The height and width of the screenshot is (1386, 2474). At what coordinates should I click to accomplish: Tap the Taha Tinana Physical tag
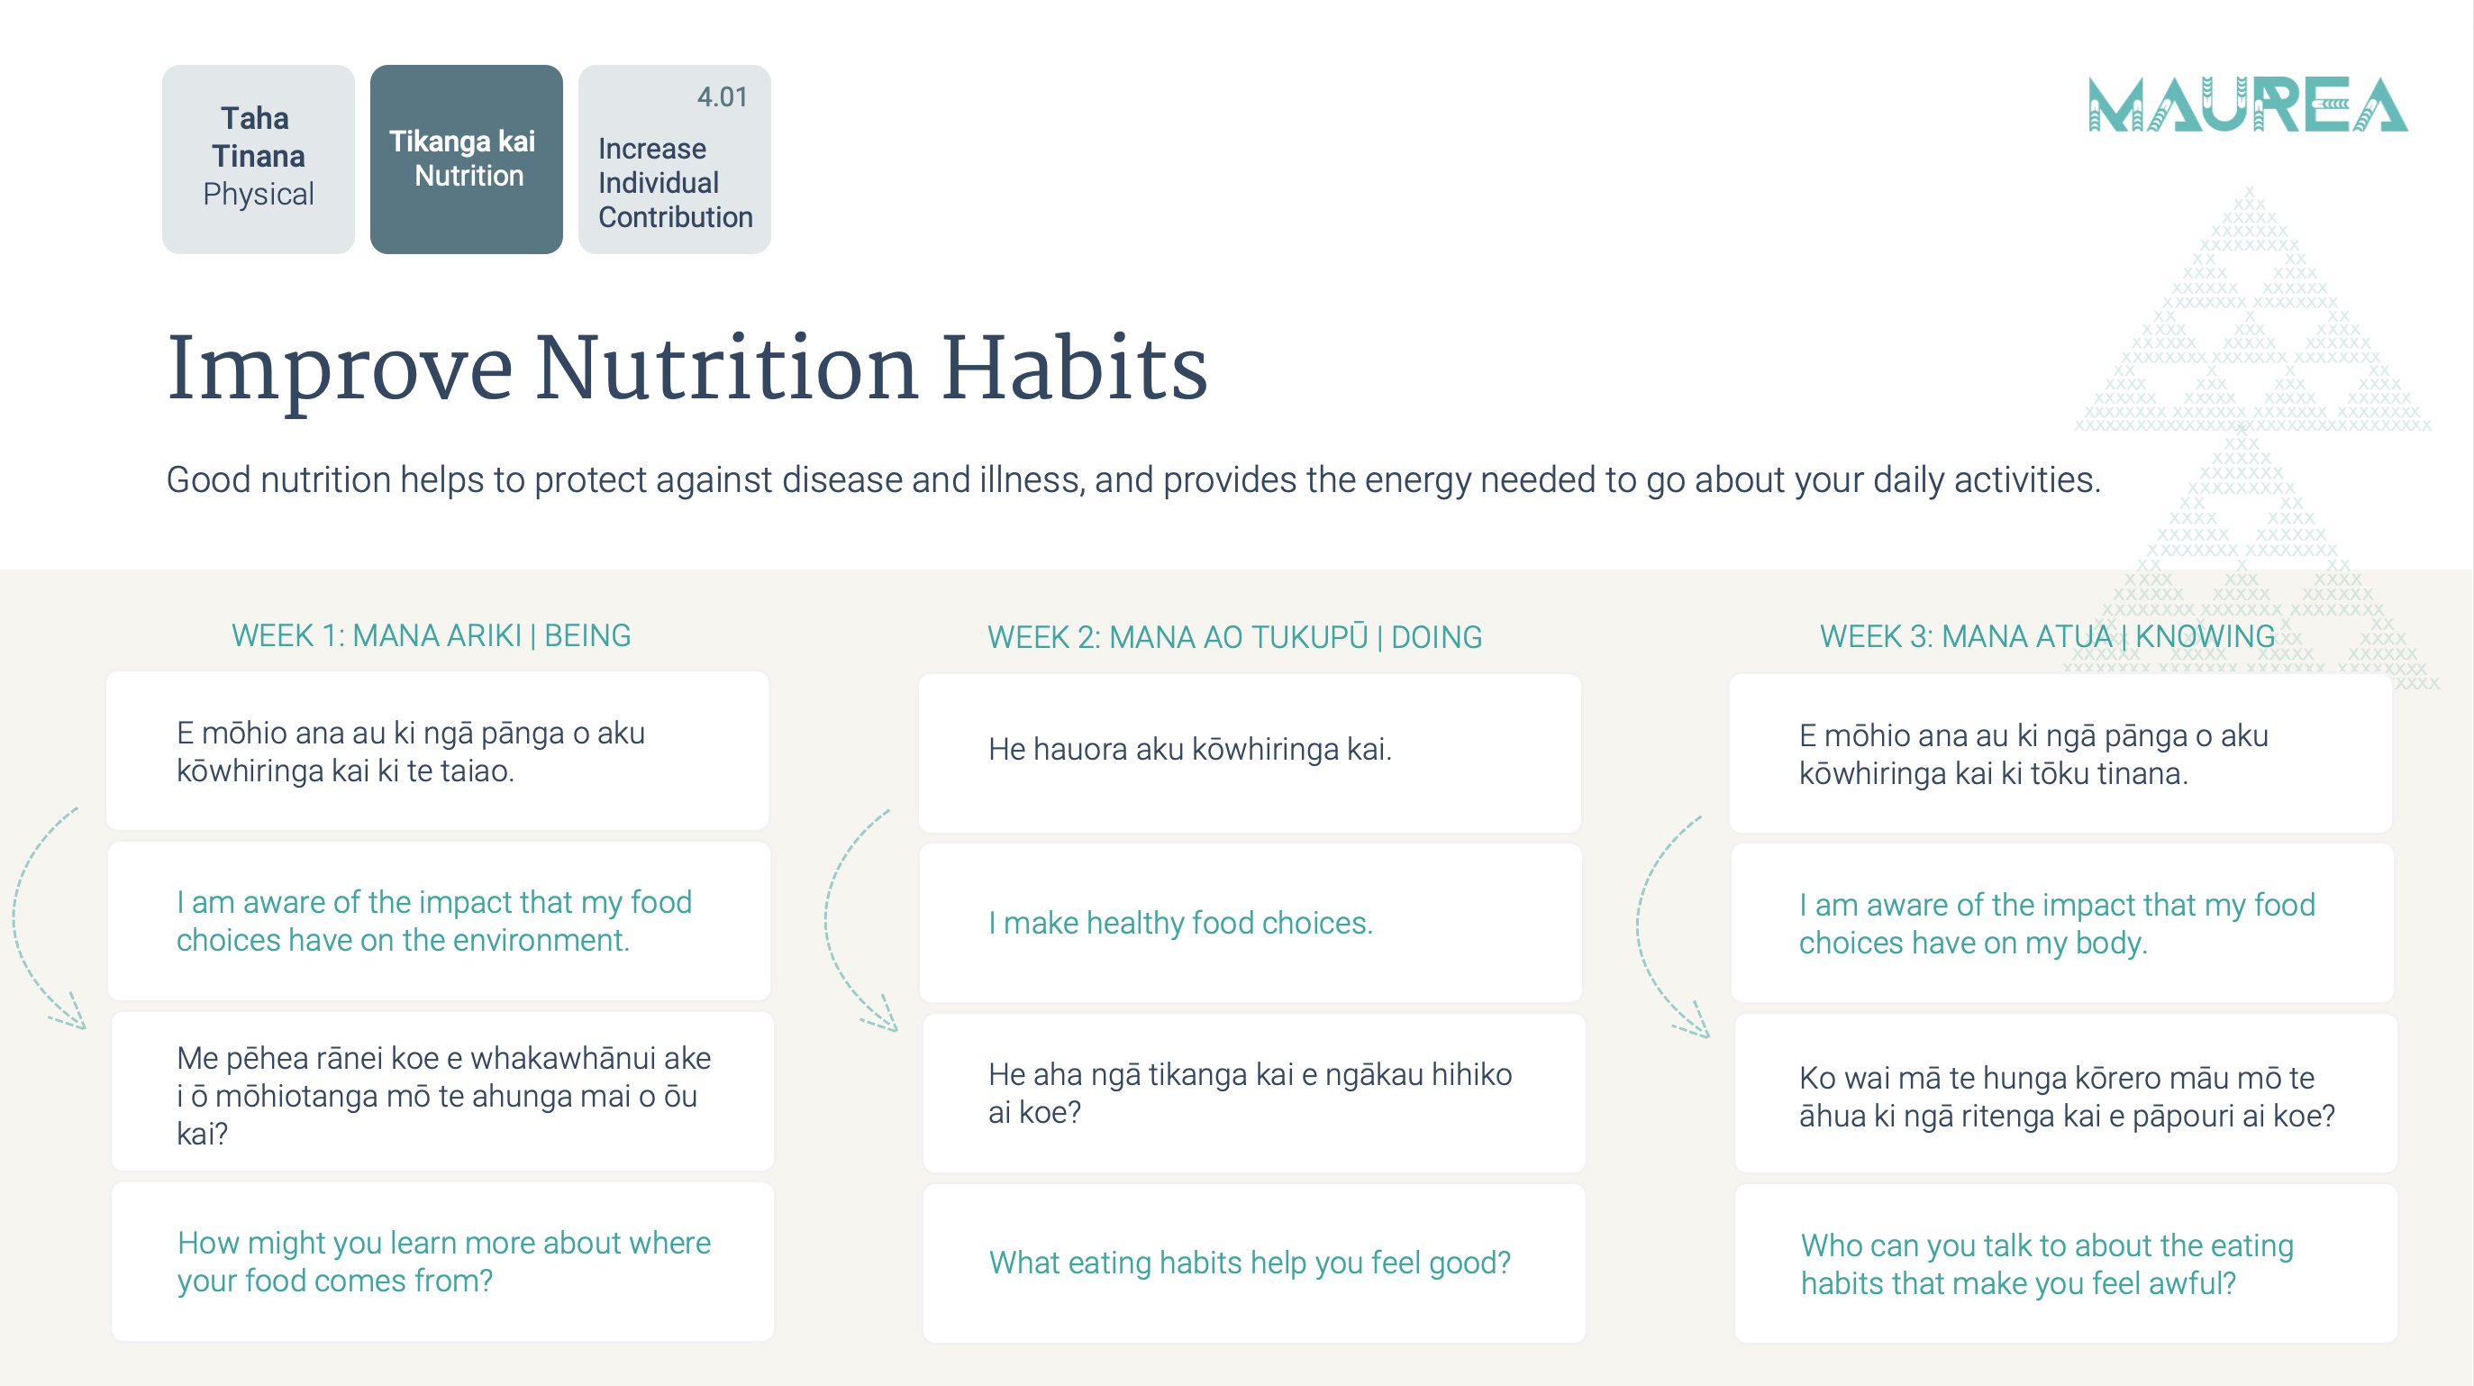click(259, 160)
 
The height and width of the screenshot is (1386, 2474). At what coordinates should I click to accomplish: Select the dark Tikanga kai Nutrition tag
click(467, 160)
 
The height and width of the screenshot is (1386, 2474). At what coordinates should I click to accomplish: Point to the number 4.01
click(723, 97)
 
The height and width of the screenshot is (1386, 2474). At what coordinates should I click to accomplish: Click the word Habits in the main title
click(1074, 369)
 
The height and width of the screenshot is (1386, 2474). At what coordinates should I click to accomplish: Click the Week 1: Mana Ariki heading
click(432, 636)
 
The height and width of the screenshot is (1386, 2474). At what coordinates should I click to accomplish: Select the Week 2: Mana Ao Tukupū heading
click(1235, 637)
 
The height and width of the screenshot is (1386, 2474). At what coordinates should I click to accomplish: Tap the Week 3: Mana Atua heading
click(2048, 636)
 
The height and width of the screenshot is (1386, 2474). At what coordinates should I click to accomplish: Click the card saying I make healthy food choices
click(1251, 923)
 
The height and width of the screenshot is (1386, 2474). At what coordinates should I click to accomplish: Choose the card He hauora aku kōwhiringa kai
click(1250, 753)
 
